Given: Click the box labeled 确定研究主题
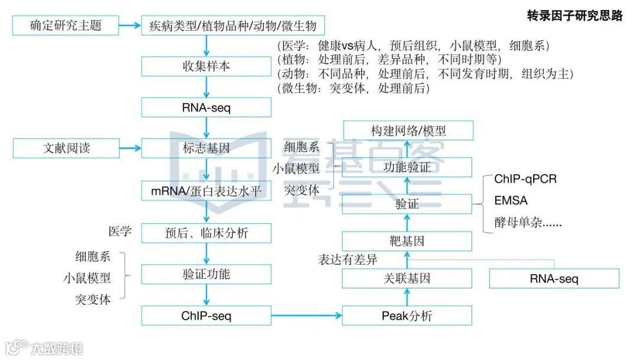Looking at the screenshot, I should (66, 25).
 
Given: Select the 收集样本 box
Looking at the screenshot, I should (206, 66).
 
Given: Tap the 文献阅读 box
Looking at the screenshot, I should (66, 148).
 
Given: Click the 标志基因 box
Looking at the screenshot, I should (206, 148).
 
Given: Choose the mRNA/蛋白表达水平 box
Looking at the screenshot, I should (206, 191).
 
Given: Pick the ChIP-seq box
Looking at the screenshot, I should (206, 316).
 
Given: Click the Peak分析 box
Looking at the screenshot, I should (407, 316).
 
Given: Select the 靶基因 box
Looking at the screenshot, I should (407, 241).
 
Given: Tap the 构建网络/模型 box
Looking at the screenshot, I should (408, 130).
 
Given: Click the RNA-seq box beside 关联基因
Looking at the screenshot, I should (554, 278).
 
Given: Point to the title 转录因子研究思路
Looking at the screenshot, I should (575, 16).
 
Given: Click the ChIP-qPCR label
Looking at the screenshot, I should (525, 179).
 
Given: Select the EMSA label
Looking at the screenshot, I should (511, 201).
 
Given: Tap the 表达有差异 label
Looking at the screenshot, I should (347, 259).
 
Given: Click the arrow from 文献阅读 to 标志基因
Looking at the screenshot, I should (130, 148).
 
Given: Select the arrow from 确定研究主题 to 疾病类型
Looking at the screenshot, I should (130, 25).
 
